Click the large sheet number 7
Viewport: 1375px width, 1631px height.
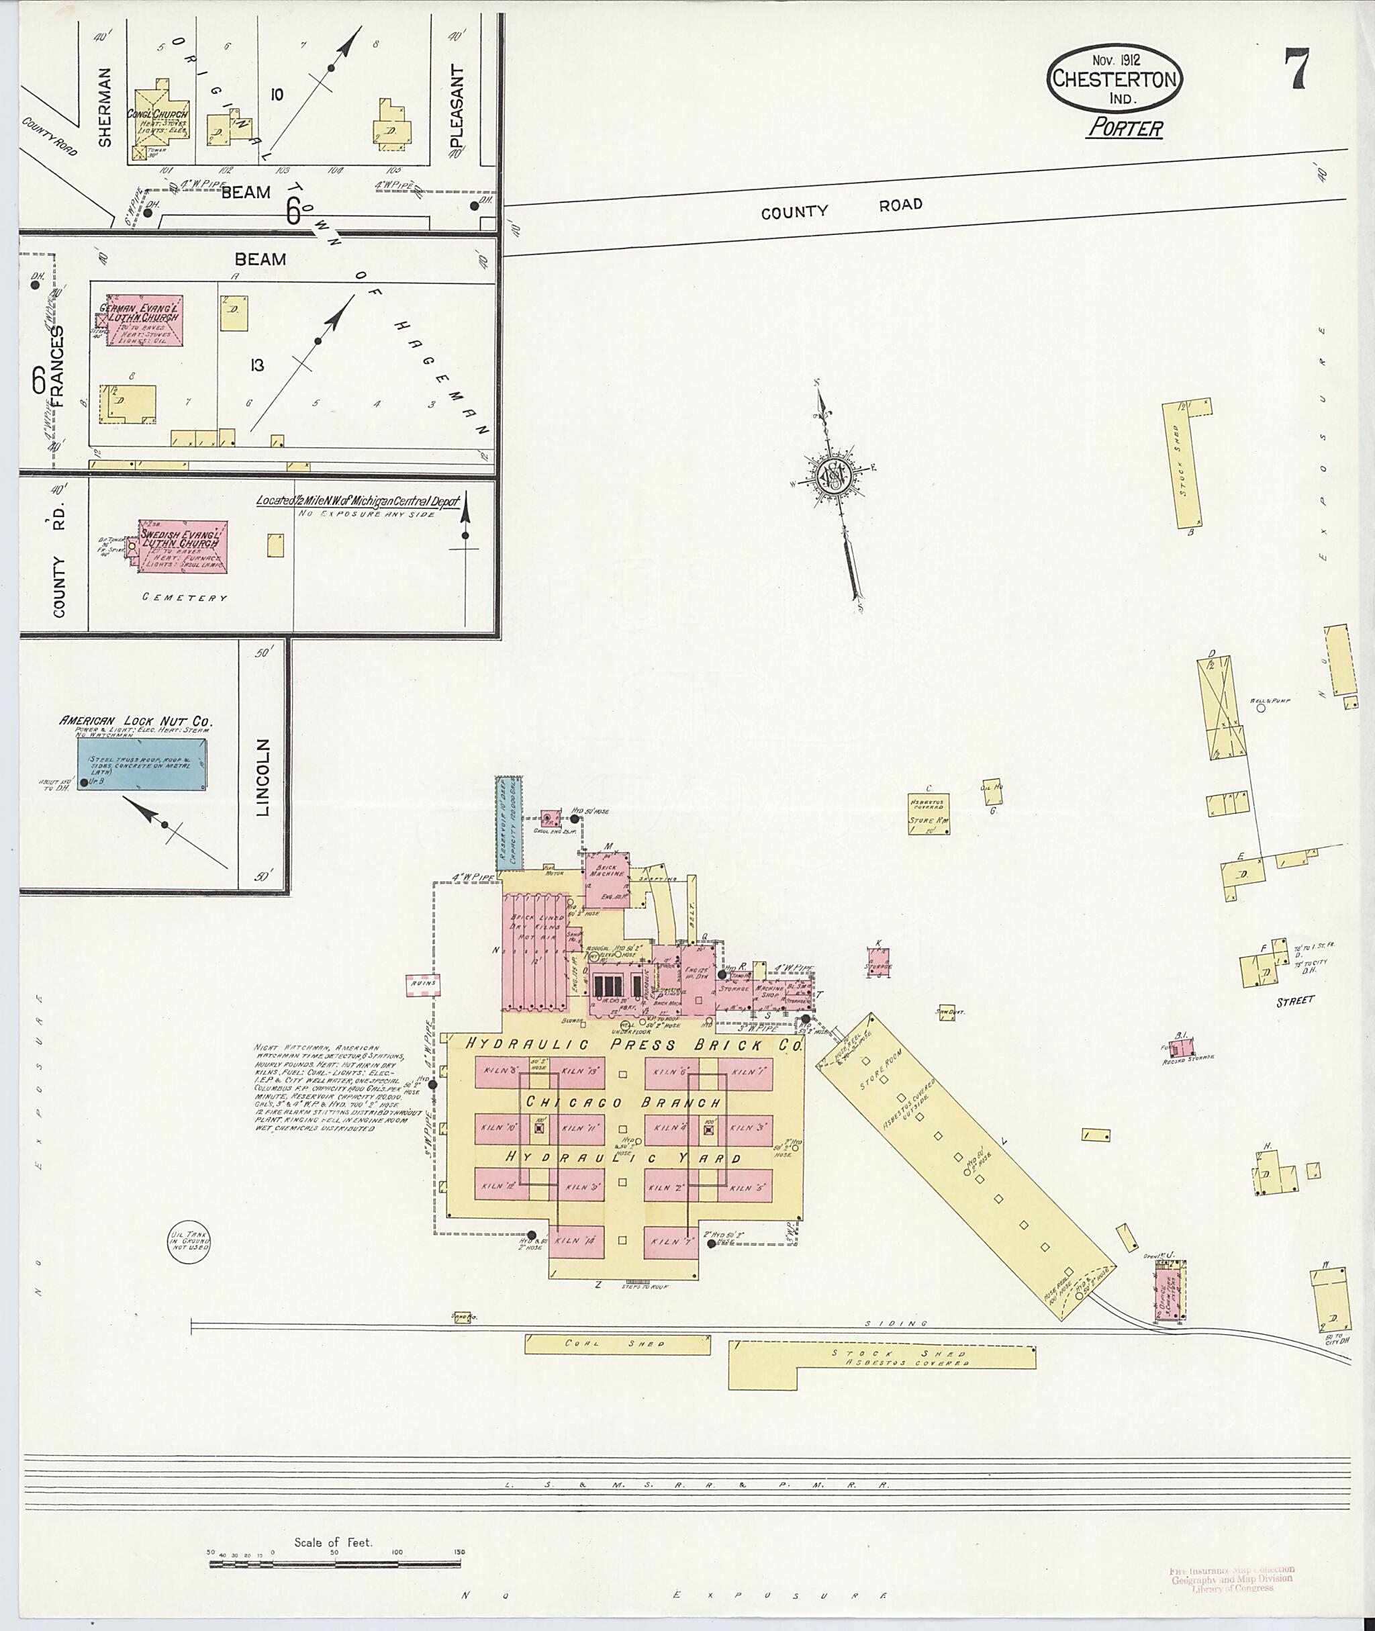[1298, 69]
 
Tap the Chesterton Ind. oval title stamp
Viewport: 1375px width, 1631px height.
[1115, 79]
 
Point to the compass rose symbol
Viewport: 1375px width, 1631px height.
[833, 475]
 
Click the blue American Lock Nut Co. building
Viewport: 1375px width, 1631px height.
[142, 764]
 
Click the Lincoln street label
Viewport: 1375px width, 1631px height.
[262, 778]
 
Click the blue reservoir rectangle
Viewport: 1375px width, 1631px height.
[509, 822]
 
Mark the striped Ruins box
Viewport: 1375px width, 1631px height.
[422, 986]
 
